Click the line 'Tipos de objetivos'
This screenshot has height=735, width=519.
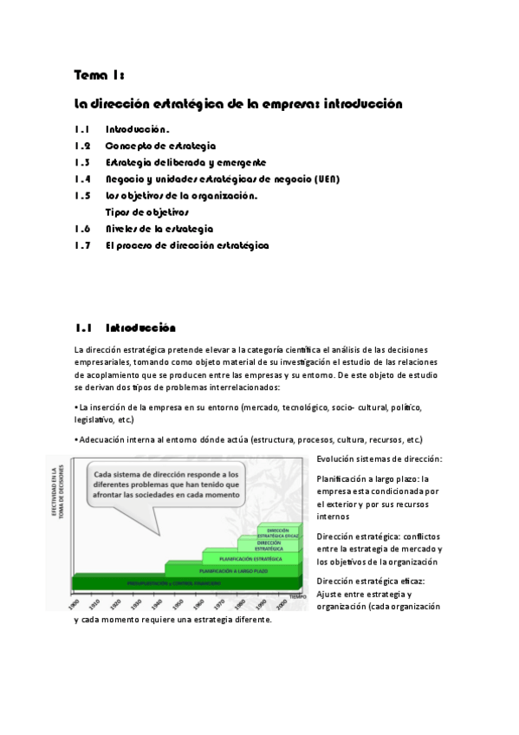click(146, 212)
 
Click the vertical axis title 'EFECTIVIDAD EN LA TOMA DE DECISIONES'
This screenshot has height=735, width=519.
click(55, 508)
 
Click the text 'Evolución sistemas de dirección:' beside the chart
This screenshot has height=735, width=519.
click(380, 458)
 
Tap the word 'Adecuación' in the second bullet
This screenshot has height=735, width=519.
click(102, 439)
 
